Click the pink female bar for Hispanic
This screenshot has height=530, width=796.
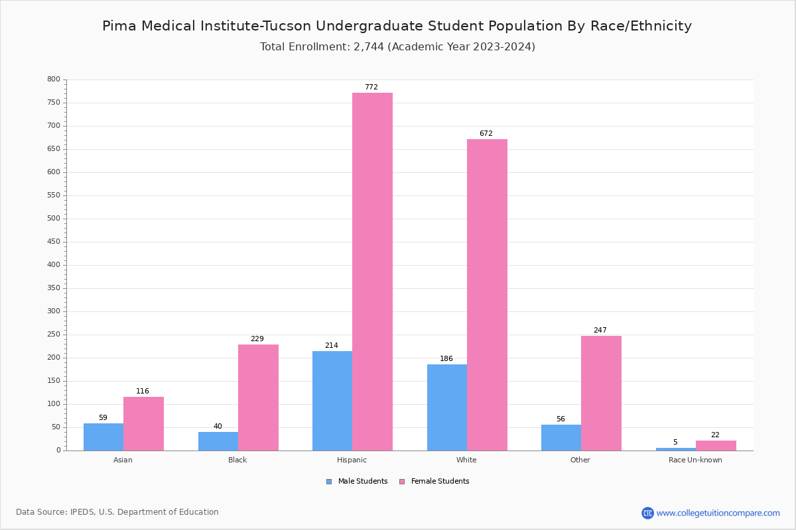(372, 272)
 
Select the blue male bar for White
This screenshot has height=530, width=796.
(447, 407)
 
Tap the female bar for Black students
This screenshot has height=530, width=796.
(258, 397)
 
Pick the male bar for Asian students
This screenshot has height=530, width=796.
(103, 437)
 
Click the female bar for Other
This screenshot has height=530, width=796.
(601, 393)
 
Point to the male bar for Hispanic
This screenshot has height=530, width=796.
(332, 401)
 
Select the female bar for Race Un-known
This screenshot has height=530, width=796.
(716, 445)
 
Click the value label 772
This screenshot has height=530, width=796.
(371, 87)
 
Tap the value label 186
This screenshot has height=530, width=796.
(446, 359)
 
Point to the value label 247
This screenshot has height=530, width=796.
(600, 331)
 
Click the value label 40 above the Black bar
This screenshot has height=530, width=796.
(218, 427)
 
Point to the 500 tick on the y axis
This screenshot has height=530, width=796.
(54, 219)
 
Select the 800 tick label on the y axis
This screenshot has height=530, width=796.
(54, 79)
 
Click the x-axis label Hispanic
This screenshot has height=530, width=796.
(352, 460)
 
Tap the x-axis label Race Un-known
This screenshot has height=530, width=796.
(695, 460)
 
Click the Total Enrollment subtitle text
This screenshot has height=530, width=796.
(397, 47)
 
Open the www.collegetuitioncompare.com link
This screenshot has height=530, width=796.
(718, 513)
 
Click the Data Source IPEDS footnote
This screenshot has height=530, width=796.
(117, 512)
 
